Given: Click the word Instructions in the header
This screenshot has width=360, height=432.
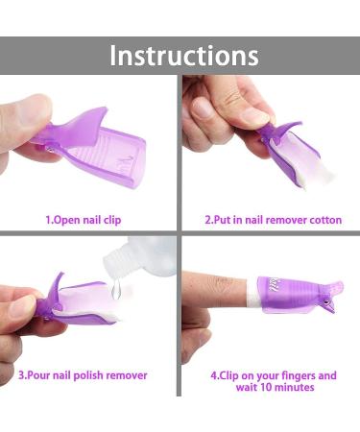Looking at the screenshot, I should pyautogui.click(x=183, y=55).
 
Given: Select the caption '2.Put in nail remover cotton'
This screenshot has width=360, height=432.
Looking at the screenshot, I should pyautogui.click(x=273, y=220).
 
